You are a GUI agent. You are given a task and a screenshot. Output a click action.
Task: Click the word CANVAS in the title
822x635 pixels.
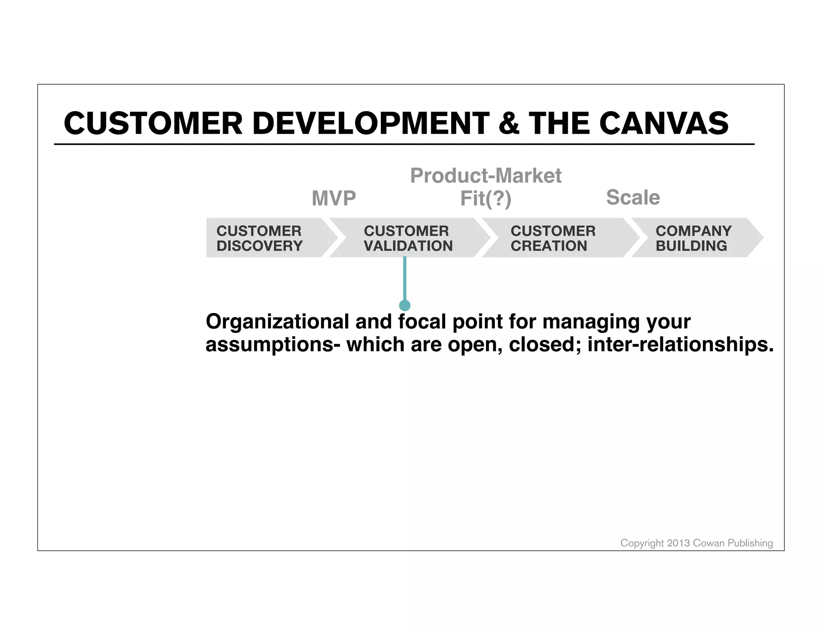[x=664, y=123]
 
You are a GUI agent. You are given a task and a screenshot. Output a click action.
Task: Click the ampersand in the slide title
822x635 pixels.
[x=509, y=123]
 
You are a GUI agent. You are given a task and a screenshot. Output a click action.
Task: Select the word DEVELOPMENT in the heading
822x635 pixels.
[x=371, y=123]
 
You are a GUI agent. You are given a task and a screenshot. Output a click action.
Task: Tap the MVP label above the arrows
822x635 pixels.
[x=334, y=198]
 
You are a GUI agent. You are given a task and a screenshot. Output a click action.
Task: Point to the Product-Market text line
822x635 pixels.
[x=486, y=176]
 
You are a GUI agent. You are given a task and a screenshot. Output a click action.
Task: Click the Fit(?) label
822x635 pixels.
[x=486, y=199]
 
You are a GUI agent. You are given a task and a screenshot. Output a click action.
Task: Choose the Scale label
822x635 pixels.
[x=633, y=197]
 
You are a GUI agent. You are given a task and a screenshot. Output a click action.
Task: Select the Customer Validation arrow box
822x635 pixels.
[x=408, y=238]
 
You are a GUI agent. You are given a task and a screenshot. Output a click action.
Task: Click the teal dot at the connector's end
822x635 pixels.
[x=405, y=305]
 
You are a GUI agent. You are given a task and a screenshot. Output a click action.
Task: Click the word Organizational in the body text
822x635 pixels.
[x=277, y=322]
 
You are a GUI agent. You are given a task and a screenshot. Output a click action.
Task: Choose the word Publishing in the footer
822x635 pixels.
[x=750, y=543]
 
